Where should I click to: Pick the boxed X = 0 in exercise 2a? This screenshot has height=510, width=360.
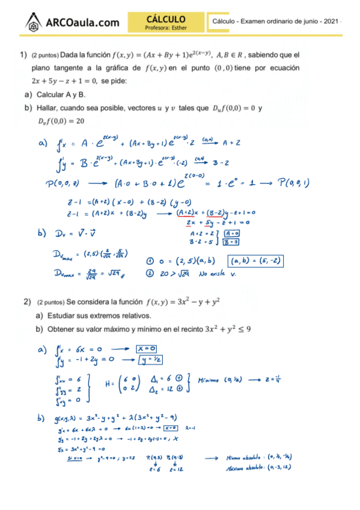pyautogui.click(x=147, y=348)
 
